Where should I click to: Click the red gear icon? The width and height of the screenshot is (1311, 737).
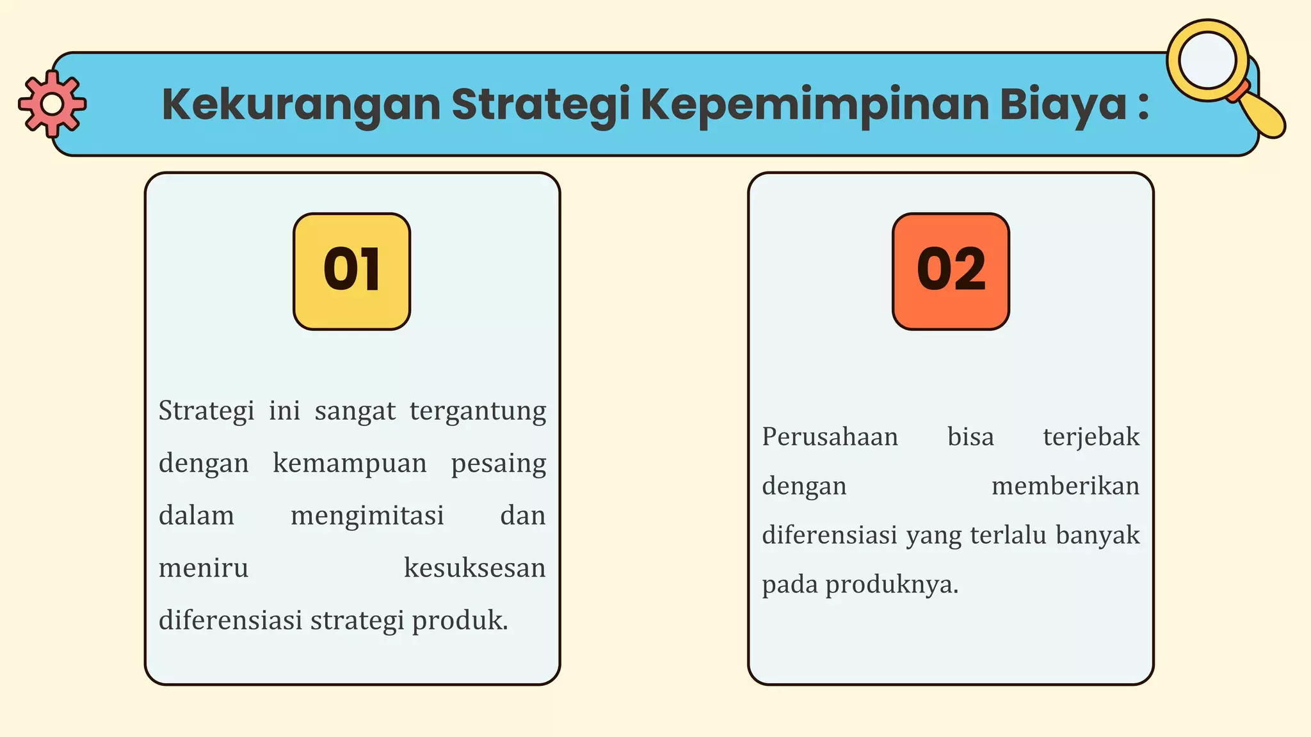(52, 104)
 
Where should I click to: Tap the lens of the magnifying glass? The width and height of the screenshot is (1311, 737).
(1207, 60)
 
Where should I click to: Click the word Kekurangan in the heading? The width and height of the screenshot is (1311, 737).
(301, 104)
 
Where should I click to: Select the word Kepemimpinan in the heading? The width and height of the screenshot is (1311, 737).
(814, 104)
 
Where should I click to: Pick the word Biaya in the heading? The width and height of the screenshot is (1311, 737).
(1063, 104)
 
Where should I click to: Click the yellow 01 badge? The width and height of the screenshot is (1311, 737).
(351, 271)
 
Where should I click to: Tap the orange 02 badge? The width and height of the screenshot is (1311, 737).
(951, 271)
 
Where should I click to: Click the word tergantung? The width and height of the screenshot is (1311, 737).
(478, 411)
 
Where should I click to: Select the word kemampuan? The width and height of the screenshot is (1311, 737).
(350, 463)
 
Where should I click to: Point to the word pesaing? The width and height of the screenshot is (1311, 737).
(498, 463)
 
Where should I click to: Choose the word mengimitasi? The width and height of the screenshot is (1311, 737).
(367, 516)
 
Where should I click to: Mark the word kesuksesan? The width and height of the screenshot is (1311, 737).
(474, 568)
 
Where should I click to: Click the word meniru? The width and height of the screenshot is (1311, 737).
(204, 568)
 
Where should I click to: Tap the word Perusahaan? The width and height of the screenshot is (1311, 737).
(830, 437)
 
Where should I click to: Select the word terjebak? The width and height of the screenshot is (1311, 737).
(1091, 437)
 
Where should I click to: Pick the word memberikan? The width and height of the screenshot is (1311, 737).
(1065, 486)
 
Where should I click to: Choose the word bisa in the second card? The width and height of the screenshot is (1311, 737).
(970, 437)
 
